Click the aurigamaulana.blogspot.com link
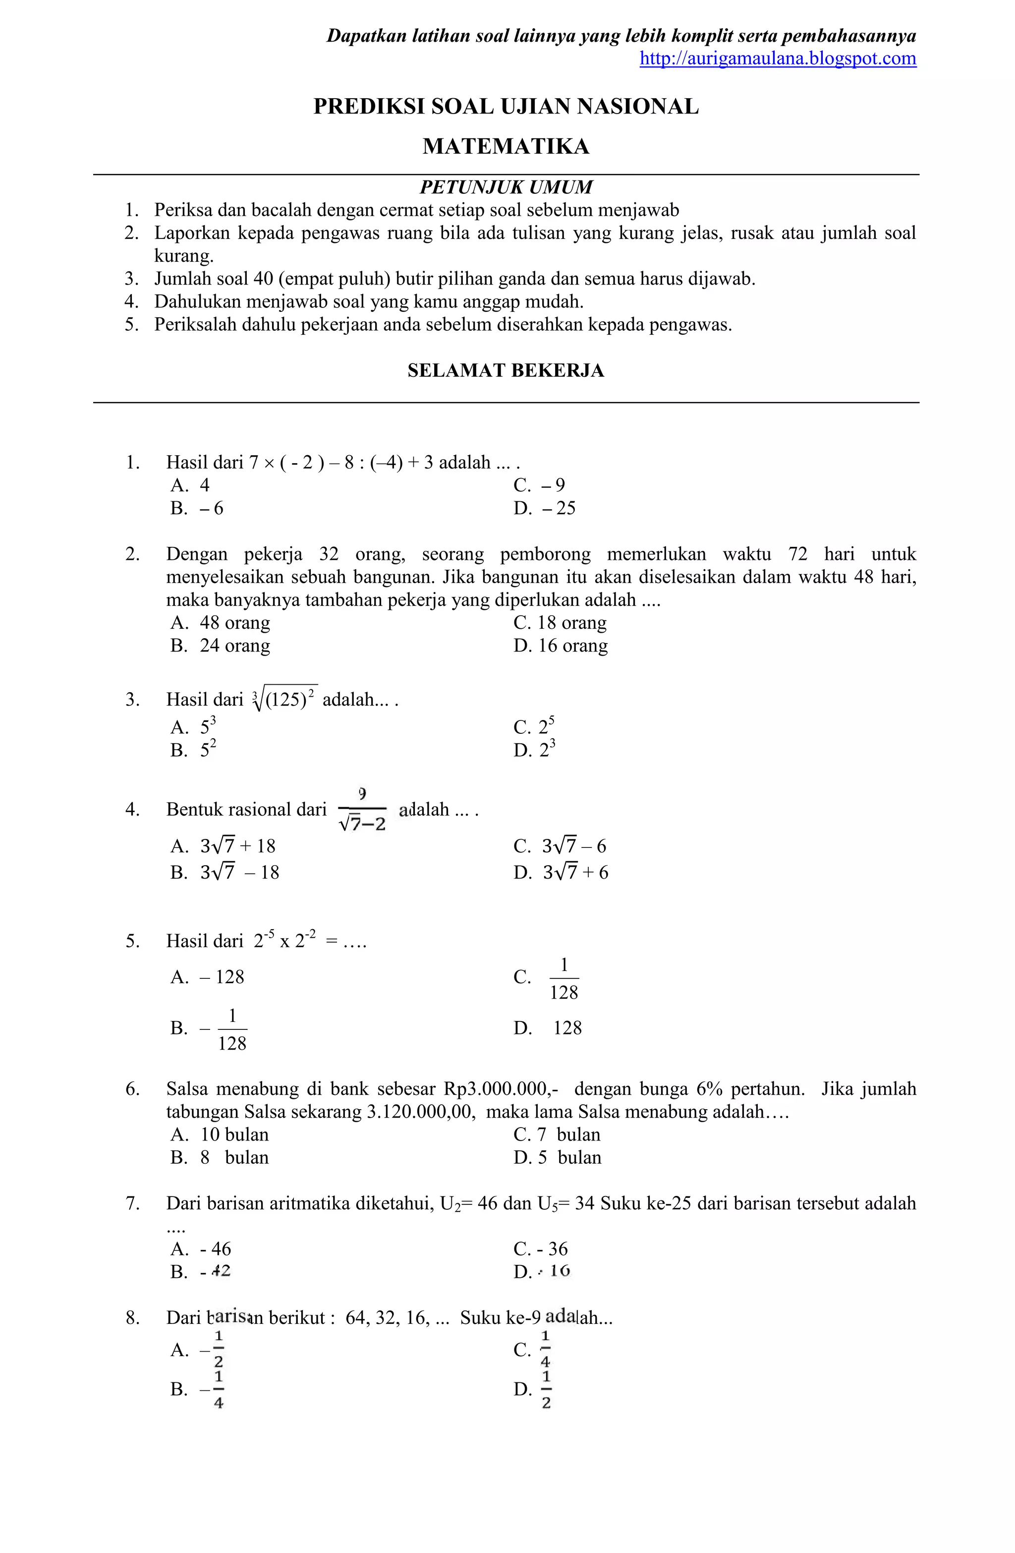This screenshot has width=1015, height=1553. click(778, 59)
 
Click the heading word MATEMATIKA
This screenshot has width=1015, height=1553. click(506, 146)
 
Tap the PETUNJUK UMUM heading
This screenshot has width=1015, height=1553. click(506, 187)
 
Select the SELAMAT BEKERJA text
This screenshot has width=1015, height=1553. click(506, 370)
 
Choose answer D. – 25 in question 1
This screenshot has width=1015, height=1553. click(545, 508)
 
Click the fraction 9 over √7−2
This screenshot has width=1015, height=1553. click(362, 810)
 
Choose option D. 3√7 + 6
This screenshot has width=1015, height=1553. click(561, 872)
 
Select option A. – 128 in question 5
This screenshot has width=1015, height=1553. click(208, 977)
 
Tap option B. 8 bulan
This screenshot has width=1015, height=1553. click(220, 1158)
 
